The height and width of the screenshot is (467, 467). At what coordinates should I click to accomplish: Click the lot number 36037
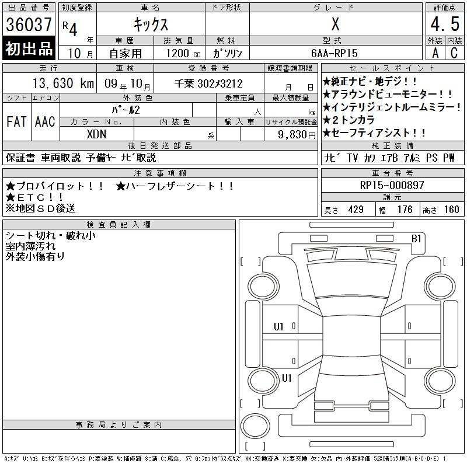coord(29,24)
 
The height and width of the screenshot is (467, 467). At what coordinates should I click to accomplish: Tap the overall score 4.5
coord(445,24)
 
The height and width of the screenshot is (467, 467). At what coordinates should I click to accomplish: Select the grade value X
coord(335,24)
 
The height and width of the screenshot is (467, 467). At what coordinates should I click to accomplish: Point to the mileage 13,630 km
coord(63,83)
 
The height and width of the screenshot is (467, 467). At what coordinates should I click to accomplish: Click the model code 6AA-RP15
coord(334,53)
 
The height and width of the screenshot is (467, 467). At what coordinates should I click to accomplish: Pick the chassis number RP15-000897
coord(392,185)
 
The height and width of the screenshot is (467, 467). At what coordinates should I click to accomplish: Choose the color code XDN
coord(96,134)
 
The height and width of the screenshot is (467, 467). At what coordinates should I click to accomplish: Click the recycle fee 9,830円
coord(297,135)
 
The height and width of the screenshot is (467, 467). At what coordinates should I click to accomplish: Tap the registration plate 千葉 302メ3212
coord(208,83)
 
